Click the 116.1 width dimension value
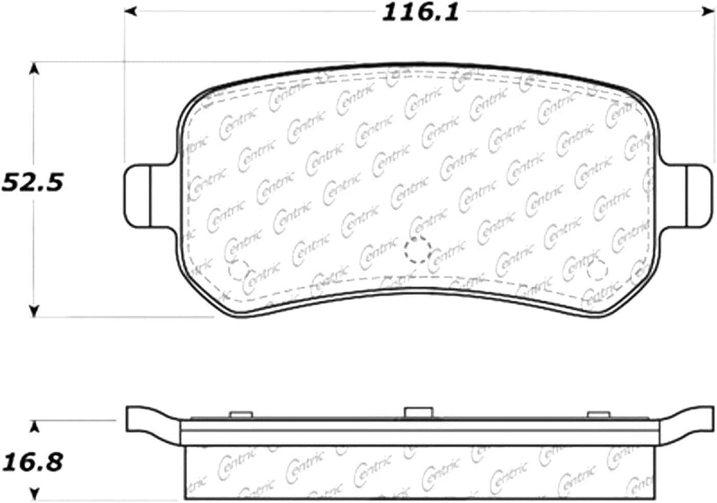pyautogui.click(x=420, y=12)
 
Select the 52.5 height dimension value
pyautogui.click(x=33, y=183)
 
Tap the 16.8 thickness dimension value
pyautogui.click(x=33, y=462)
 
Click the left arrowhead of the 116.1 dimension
pyautogui.click(x=131, y=11)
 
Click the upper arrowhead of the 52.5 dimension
pyautogui.click(x=34, y=68)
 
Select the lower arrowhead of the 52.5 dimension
pyautogui.click(x=34, y=311)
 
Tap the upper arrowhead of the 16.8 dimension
pyautogui.click(x=34, y=427)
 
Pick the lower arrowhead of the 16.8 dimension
pyautogui.click(x=34, y=493)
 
